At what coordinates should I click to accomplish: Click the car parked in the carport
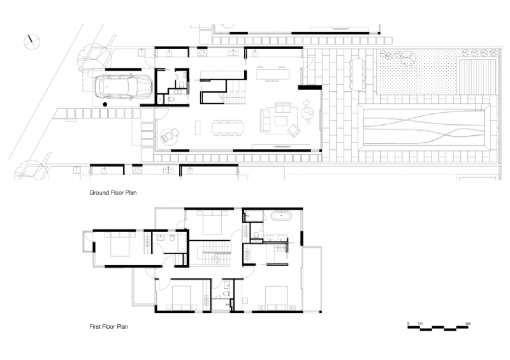[x=124, y=87]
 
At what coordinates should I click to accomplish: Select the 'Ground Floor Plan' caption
[x=113, y=191]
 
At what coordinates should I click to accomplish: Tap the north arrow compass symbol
[x=29, y=41]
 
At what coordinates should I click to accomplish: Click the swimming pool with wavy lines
[x=425, y=125]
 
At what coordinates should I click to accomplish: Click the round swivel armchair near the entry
[x=170, y=135]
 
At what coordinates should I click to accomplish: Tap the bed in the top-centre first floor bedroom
[x=207, y=222]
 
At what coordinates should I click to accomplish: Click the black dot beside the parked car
[x=104, y=103]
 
